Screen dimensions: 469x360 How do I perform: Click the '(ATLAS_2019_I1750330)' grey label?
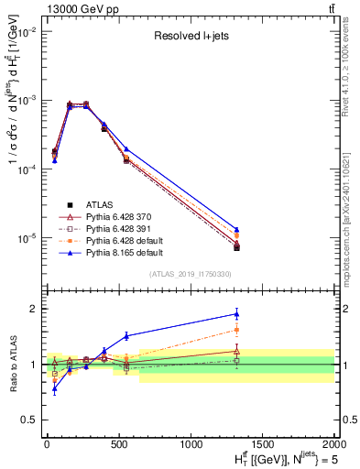[x=190, y=274]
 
